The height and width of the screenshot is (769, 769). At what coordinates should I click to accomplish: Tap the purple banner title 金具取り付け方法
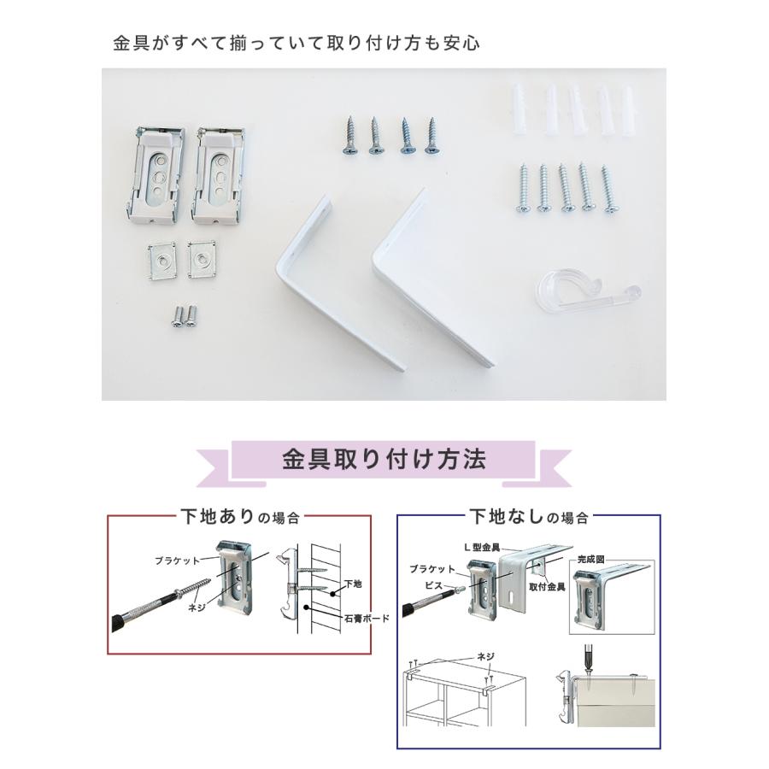click(384, 460)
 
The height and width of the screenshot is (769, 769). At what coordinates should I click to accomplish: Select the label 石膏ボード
click(367, 619)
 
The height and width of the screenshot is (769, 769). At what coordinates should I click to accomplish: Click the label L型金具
click(482, 548)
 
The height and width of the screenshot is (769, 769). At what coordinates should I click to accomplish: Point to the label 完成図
click(590, 559)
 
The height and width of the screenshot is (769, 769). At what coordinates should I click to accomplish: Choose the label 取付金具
click(547, 587)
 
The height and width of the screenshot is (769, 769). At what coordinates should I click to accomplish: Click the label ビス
click(434, 585)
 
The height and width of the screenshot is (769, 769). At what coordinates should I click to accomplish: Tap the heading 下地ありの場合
click(240, 517)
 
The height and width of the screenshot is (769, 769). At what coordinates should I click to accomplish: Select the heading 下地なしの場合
click(529, 517)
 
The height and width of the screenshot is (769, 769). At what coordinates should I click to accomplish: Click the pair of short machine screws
click(184, 315)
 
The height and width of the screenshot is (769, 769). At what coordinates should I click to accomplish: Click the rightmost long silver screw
click(608, 190)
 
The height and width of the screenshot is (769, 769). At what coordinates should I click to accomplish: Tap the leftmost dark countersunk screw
click(350, 136)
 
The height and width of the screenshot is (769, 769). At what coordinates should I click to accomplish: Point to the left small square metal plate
click(161, 261)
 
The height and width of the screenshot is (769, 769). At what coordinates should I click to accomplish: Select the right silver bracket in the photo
click(218, 174)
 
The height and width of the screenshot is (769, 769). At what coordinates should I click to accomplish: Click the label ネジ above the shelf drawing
click(485, 656)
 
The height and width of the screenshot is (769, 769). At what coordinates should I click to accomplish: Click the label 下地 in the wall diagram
click(353, 584)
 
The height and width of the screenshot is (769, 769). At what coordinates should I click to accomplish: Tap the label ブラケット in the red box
click(177, 561)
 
